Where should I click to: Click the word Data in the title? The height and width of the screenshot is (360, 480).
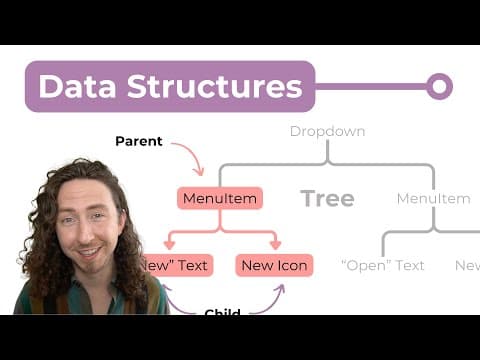77,86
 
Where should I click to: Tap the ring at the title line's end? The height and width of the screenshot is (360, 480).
439,86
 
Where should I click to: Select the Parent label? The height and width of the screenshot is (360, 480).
138,141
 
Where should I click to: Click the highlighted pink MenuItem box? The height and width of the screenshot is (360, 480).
219,198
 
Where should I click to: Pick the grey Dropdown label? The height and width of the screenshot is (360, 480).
327,131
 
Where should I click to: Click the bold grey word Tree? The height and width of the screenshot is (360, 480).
327,198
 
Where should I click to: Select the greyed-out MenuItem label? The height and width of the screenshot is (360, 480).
433,198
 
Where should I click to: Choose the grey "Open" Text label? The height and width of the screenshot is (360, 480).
383,265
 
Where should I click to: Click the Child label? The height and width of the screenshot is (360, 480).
222,313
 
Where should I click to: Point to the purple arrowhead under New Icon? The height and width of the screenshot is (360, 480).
280,289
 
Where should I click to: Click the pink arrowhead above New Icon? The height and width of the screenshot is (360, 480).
275,245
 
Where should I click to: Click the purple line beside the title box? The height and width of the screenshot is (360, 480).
370,86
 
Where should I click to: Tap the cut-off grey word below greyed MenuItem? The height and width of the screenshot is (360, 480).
468,265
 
